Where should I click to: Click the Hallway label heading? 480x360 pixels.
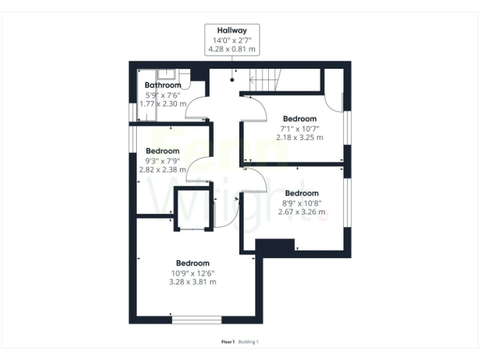point(232,30)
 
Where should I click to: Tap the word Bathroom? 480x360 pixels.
point(162,85)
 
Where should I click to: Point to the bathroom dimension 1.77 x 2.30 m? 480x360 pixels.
point(162,103)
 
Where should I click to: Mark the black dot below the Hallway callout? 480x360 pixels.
point(232,80)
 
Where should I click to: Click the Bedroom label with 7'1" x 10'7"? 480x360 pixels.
point(299,119)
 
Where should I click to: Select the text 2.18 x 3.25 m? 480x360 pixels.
point(299,137)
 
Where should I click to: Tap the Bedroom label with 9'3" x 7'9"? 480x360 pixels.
point(162,151)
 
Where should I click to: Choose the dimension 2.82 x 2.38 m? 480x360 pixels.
point(162,169)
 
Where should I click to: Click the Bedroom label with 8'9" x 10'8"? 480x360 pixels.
point(301,193)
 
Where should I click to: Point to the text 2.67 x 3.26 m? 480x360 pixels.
point(301,211)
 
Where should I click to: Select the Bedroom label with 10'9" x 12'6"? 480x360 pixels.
point(192,263)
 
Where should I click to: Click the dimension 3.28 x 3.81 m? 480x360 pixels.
point(192,282)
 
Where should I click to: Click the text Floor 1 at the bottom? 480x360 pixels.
point(227,342)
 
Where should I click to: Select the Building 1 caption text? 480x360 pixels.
point(248,342)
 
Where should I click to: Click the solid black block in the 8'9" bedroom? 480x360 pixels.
point(275,246)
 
